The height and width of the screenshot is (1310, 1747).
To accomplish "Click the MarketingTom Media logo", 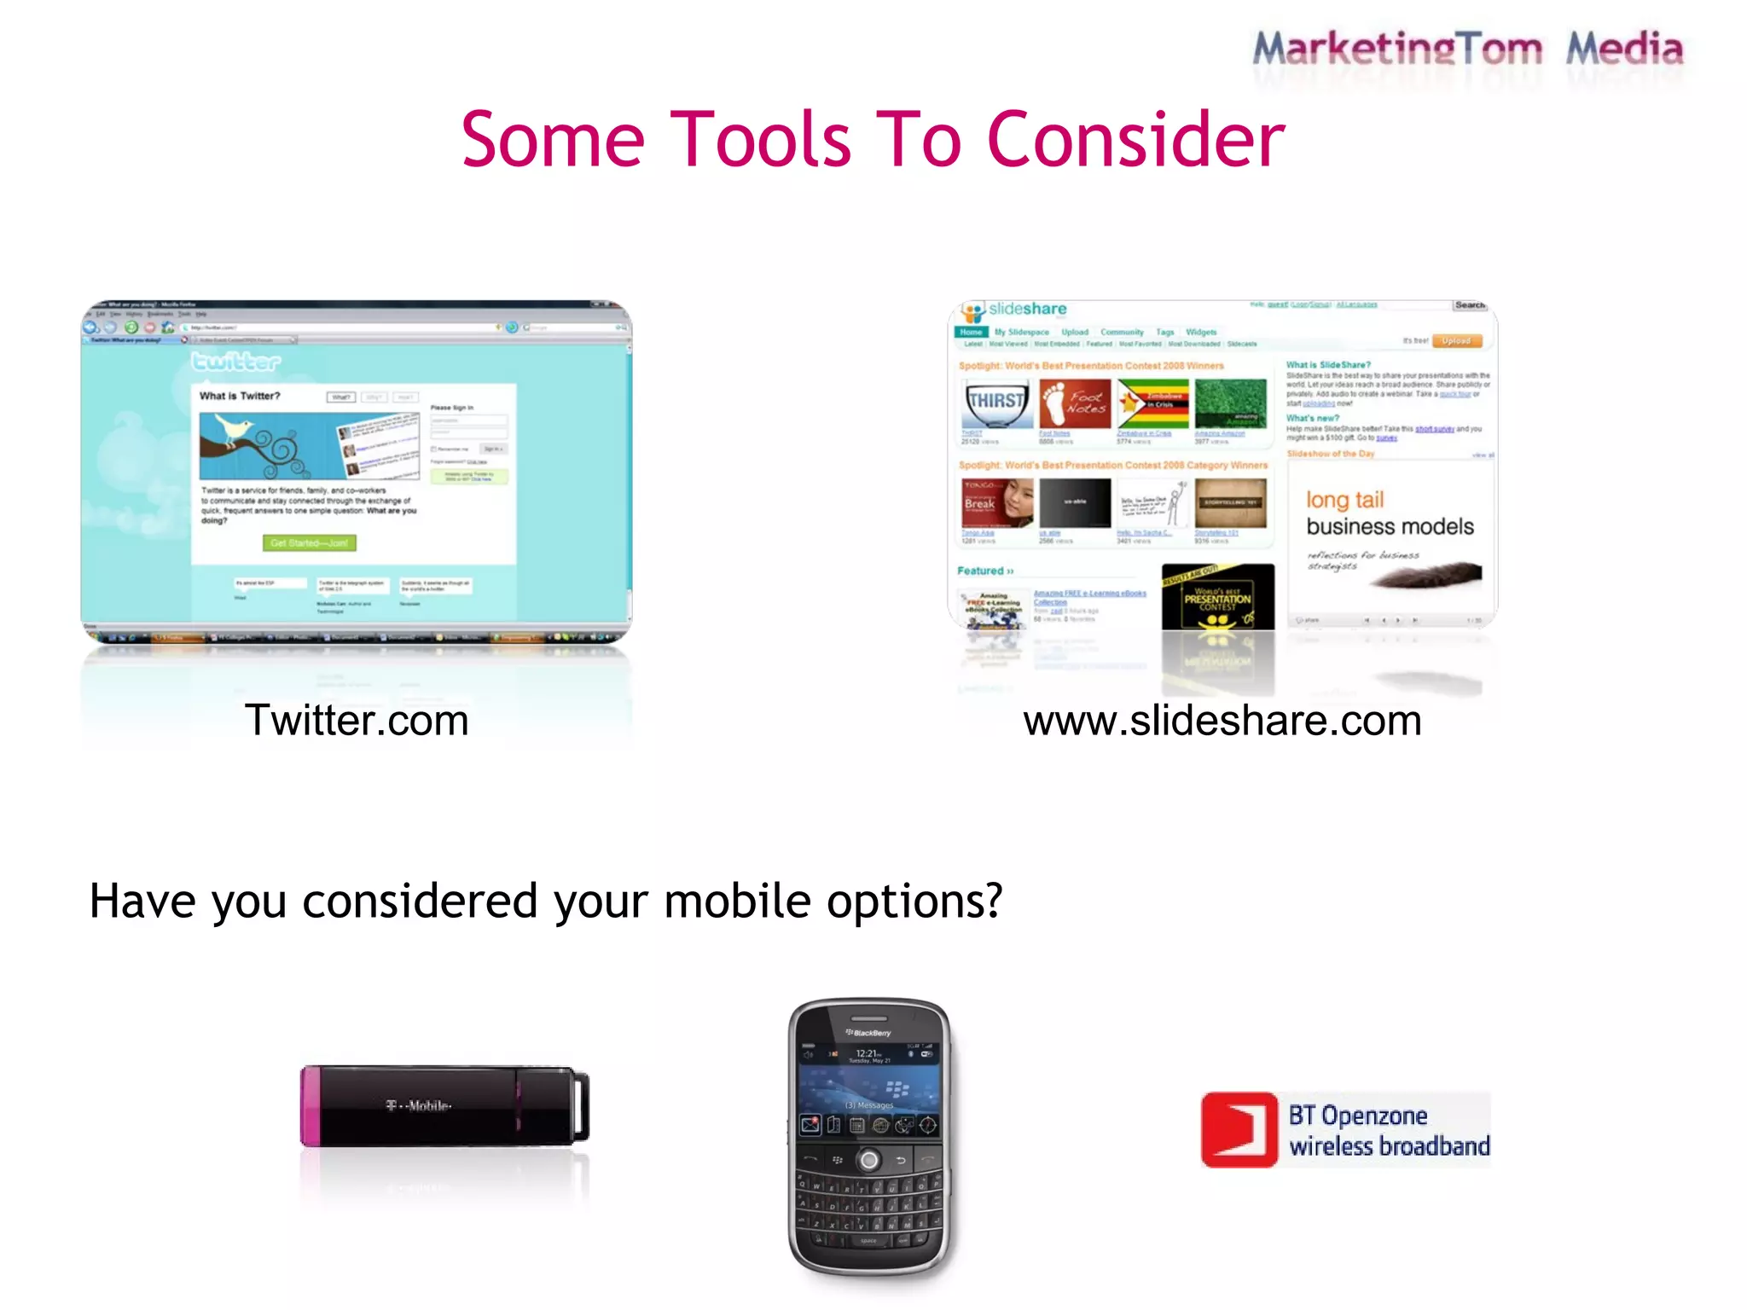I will point(1467,49).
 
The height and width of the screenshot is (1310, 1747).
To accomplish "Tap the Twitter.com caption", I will point(357,721).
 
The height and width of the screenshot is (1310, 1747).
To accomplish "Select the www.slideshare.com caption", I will point(1222,721).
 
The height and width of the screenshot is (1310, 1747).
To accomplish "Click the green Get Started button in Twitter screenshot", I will point(309,542).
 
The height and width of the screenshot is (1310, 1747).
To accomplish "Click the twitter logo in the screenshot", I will point(235,362).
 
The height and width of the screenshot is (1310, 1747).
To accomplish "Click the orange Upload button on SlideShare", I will point(1456,340).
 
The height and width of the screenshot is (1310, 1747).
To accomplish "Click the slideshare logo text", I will point(1027,309).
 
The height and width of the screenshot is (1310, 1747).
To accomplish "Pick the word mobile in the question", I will point(737,901).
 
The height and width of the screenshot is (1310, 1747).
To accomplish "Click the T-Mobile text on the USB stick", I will point(418,1106).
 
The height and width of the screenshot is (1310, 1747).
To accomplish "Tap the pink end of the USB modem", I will point(311,1106).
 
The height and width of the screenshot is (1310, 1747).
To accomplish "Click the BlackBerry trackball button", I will point(869,1160).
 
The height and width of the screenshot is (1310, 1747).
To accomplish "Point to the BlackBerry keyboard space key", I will point(868,1241).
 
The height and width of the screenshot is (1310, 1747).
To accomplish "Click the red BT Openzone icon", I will point(1239,1130).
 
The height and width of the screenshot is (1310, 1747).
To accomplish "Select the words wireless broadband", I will point(1389,1146).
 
